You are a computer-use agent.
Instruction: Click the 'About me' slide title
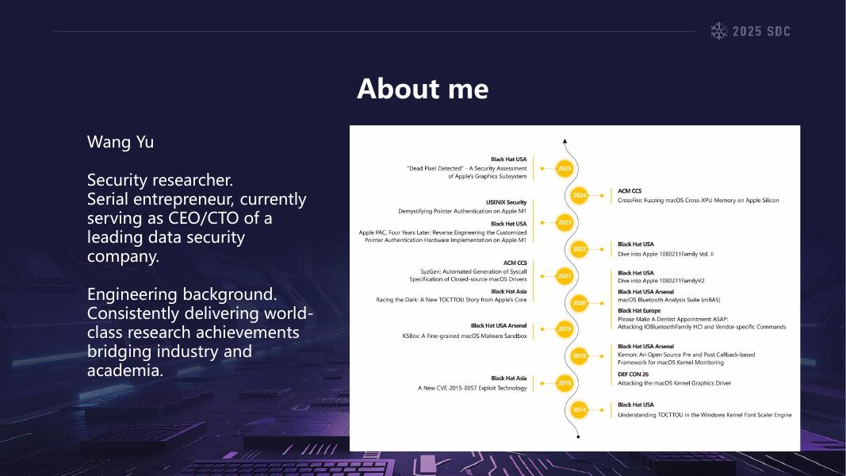pyautogui.click(x=423, y=89)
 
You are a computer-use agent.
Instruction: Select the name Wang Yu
pyautogui.click(x=121, y=142)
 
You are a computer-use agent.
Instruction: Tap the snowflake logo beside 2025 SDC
pyautogui.click(x=718, y=31)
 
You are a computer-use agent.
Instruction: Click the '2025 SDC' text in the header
pyautogui.click(x=761, y=31)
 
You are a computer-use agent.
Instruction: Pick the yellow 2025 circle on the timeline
pyautogui.click(x=565, y=168)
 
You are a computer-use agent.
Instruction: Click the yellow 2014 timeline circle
pyautogui.click(x=579, y=409)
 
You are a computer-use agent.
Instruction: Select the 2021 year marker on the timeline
pyautogui.click(x=565, y=276)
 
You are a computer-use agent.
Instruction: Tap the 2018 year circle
pyautogui.click(x=579, y=355)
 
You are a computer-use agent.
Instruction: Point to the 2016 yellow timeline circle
pyautogui.click(x=565, y=383)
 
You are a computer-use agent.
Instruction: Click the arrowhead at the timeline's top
pyautogui.click(x=565, y=141)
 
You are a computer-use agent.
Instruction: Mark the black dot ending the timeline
pyautogui.click(x=578, y=436)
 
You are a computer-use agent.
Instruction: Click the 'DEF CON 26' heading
pyautogui.click(x=633, y=374)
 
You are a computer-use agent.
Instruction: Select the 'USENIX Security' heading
pyautogui.click(x=506, y=202)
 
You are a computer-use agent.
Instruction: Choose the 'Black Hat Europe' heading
pyautogui.click(x=639, y=310)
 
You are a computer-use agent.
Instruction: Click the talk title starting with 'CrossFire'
pyautogui.click(x=699, y=200)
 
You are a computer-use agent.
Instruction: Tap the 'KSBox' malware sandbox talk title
pyautogui.click(x=465, y=336)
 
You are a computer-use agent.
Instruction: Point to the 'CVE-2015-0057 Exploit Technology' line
pyautogui.click(x=472, y=388)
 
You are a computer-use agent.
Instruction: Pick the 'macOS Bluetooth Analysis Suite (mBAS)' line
pyautogui.click(x=669, y=300)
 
